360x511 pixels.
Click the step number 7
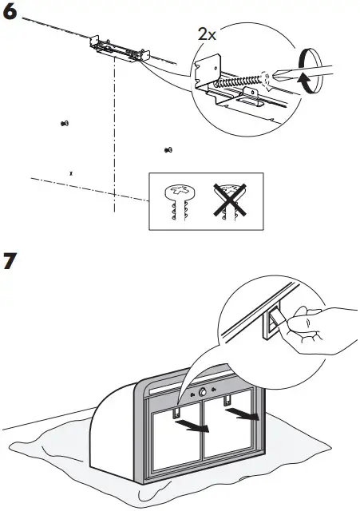click(x=11, y=263)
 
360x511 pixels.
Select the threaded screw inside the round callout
click(x=243, y=81)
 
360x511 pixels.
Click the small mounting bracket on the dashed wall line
click(x=121, y=48)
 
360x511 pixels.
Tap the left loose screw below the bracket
click(x=65, y=123)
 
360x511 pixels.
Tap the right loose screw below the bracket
click(x=168, y=149)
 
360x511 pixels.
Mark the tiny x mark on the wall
click(x=71, y=172)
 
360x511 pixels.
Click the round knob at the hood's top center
click(x=203, y=393)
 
